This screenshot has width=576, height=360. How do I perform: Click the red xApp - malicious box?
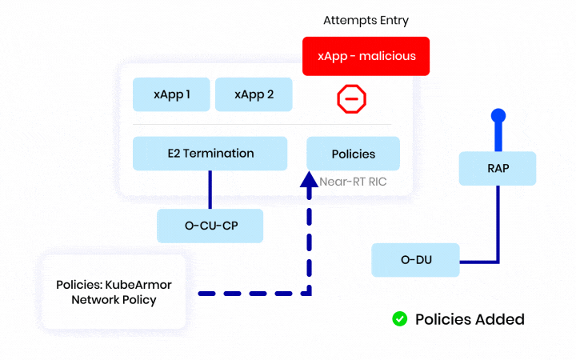pos(366,56)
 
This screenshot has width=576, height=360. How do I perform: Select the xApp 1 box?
pos(171,94)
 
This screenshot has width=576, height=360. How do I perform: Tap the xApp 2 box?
pos(254,94)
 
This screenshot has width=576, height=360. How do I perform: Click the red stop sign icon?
pos(350,98)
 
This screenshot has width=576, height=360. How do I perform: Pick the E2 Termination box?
pos(210,153)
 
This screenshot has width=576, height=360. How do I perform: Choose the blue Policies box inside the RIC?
pos(353,153)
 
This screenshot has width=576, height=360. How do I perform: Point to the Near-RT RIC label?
pos(353,182)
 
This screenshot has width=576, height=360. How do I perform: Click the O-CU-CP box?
pos(210,226)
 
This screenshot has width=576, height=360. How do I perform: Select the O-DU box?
pos(416,260)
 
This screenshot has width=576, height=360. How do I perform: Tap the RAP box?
pos(497,169)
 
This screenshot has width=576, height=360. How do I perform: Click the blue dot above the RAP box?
pos(498,116)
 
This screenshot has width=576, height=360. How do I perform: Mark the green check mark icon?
pos(399,319)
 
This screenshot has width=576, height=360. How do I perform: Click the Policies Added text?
pos(470,319)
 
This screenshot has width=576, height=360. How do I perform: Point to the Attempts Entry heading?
pos(365,19)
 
